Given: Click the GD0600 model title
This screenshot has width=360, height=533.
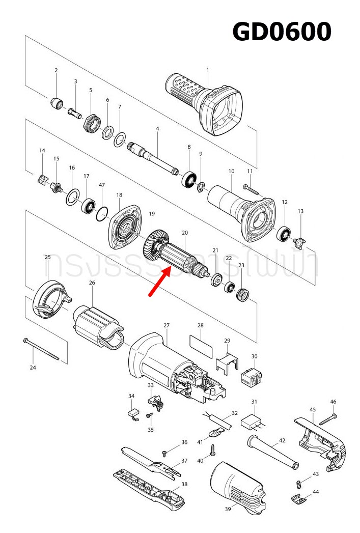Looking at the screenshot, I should point(282,32).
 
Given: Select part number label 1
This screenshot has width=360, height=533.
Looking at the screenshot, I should point(208,70).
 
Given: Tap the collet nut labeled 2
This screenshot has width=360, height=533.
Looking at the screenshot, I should point(58,103).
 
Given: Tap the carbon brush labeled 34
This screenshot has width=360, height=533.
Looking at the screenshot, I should point(133,414).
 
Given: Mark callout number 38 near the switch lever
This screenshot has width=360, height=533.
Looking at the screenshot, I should point(184,484).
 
